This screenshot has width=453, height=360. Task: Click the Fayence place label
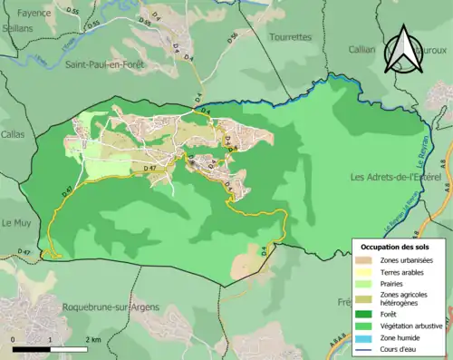[x=23, y=14]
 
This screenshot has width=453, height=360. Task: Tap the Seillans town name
[x=16, y=28]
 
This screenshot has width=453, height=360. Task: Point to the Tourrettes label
[x=291, y=37]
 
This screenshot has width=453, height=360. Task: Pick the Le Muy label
[x=17, y=223]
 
